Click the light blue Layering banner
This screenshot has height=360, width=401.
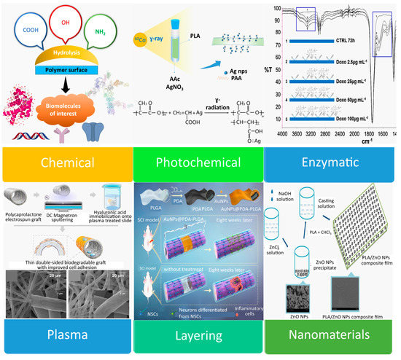(x=198, y=337)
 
